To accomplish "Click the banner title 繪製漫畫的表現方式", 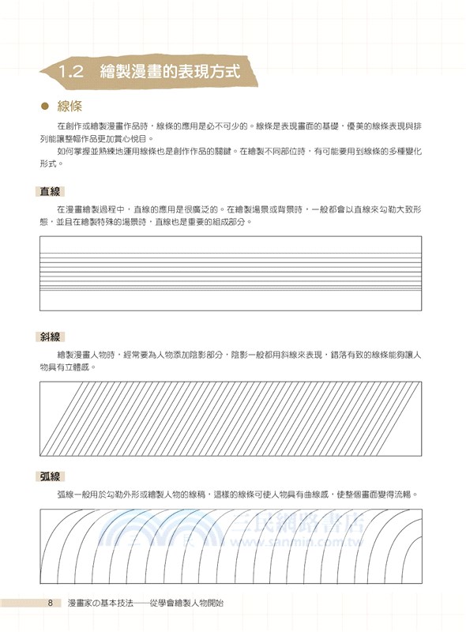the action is pyautogui.click(x=170, y=71).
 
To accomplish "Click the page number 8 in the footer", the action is pyautogui.click(x=50, y=604).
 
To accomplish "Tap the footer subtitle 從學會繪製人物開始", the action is pyautogui.click(x=187, y=604).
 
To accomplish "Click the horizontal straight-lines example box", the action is pyautogui.click(x=231, y=273).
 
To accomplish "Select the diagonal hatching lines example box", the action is pyautogui.click(x=231, y=418).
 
